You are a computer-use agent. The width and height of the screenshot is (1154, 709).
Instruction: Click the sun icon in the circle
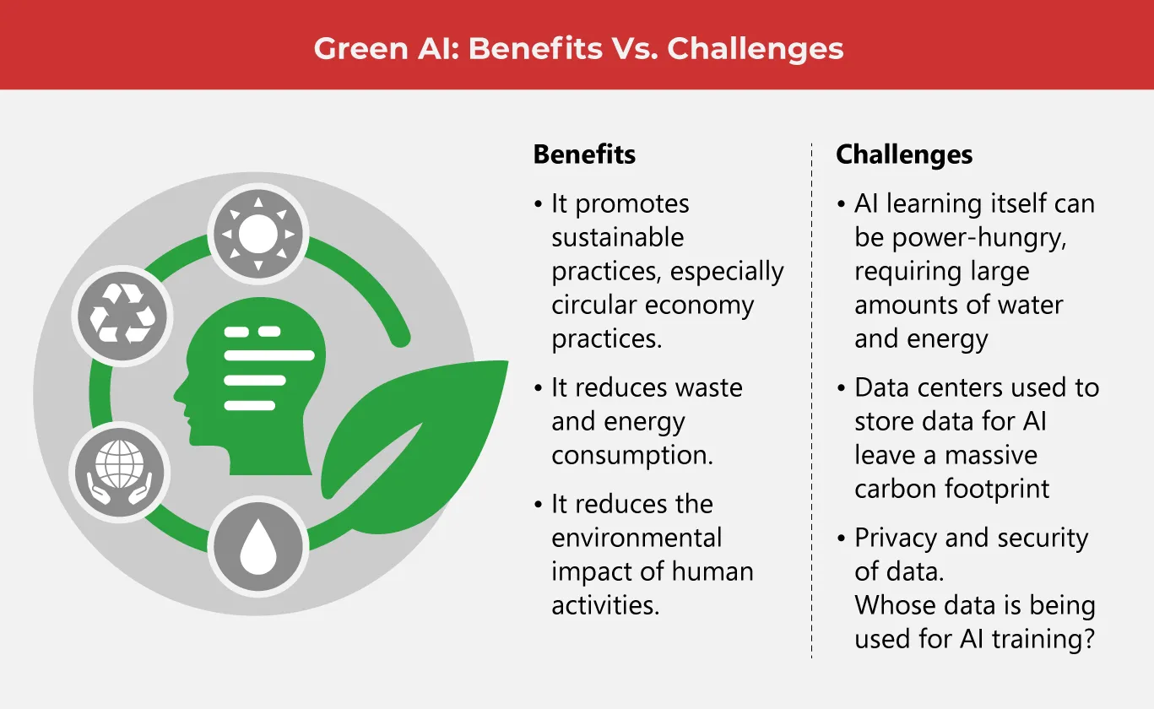[258, 234]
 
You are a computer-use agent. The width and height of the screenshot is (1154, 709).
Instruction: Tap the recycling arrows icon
[122, 316]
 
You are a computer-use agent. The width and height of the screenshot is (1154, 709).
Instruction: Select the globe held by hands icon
[120, 472]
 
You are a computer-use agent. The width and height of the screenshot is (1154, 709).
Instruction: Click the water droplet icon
[258, 547]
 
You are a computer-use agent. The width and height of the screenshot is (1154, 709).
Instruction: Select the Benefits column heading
[584, 154]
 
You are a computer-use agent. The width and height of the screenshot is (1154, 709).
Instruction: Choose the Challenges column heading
[904, 154]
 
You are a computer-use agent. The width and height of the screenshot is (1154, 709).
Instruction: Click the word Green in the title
[360, 49]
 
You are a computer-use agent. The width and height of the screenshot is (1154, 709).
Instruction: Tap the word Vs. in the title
[635, 49]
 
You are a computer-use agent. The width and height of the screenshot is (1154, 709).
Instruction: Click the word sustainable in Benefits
[617, 237]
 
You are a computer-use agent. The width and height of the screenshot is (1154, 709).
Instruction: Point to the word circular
[594, 305]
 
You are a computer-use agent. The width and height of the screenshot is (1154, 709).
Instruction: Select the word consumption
[632, 456]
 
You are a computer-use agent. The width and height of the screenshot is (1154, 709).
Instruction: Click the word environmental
[637, 538]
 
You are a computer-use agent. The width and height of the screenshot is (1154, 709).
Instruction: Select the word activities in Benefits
[605, 605]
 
